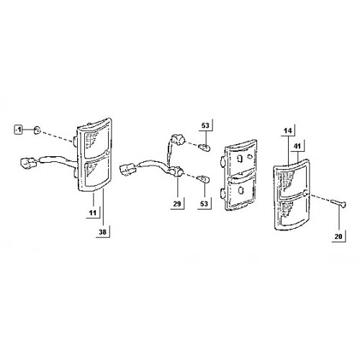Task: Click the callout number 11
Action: click(x=93, y=212)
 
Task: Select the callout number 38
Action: click(x=102, y=232)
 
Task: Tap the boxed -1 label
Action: click(x=18, y=130)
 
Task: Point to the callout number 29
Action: click(x=177, y=204)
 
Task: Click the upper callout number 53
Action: click(x=205, y=125)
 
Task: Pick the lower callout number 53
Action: click(x=204, y=204)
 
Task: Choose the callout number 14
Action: click(x=288, y=131)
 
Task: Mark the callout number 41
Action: click(x=297, y=146)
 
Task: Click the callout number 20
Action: click(x=338, y=236)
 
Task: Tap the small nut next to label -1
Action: click(x=37, y=130)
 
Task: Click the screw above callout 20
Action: click(x=338, y=203)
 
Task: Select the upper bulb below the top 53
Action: click(x=204, y=147)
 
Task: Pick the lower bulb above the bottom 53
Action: click(x=203, y=179)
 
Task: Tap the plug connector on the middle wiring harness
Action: click(x=128, y=169)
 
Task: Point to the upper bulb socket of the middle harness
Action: click(x=178, y=140)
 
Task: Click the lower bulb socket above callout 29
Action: click(x=177, y=172)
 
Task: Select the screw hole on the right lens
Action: click(x=306, y=192)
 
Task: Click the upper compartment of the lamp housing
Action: click(x=240, y=159)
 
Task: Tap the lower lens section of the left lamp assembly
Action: click(x=96, y=172)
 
